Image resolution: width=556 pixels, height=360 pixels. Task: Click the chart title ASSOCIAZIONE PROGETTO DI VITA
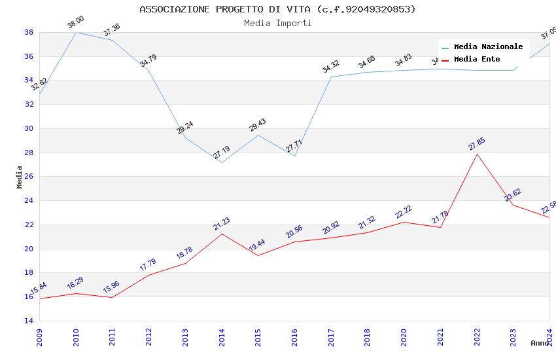[x=277, y=9]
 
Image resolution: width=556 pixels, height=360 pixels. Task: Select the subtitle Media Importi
[x=277, y=23]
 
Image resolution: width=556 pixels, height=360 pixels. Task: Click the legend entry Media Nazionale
[x=488, y=46]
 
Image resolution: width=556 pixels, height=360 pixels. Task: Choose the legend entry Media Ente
[x=477, y=59]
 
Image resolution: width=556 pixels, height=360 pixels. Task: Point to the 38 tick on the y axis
[x=29, y=32]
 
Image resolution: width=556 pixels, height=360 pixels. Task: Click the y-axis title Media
[x=20, y=177]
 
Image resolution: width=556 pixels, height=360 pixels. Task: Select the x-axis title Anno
[x=540, y=343]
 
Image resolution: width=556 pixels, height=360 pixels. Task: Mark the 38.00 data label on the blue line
[x=76, y=23]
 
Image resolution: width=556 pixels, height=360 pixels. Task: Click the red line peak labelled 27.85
[x=477, y=154]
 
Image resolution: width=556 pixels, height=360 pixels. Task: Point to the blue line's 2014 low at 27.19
[x=222, y=162]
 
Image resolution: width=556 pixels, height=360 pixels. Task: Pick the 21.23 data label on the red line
[x=222, y=224]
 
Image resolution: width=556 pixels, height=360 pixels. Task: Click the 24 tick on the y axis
[x=29, y=201]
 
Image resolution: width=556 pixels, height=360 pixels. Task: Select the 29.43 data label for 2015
[x=258, y=125]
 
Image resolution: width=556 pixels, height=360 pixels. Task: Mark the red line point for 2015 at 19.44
[x=258, y=255]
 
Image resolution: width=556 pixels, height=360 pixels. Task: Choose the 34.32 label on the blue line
[x=331, y=66]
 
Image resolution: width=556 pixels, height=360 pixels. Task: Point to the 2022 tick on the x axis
[x=477, y=334]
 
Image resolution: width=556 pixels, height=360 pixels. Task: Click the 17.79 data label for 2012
[x=148, y=264]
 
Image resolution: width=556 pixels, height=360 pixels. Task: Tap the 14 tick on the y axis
[x=29, y=321]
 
